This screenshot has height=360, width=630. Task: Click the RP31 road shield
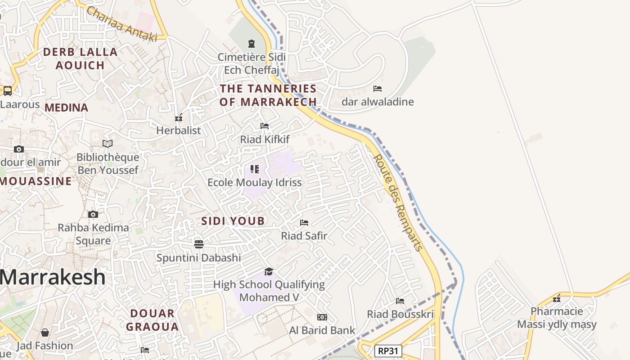click(388, 351)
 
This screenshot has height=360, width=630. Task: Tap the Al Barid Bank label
click(322, 330)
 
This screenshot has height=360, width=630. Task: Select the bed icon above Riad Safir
click(304, 222)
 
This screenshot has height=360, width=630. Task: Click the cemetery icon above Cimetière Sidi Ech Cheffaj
click(251, 44)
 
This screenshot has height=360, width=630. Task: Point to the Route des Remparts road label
click(398, 202)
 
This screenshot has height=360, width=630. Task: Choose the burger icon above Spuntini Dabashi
click(199, 244)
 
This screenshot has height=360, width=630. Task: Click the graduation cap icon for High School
click(269, 271)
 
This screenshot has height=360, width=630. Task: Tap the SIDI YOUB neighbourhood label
click(233, 221)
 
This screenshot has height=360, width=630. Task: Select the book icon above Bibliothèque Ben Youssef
click(108, 144)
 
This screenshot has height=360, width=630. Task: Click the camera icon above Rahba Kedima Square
click(93, 214)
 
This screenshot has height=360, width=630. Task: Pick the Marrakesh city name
click(53, 277)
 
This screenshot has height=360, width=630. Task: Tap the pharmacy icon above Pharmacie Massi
click(557, 298)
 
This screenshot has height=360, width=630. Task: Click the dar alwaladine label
click(378, 102)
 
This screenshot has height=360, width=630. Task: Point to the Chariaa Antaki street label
click(121, 24)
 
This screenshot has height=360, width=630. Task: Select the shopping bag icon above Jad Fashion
click(45, 333)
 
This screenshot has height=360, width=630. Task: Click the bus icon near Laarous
click(8, 91)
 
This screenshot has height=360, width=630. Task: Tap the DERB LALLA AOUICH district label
click(80, 58)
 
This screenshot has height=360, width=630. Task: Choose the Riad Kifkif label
click(265, 139)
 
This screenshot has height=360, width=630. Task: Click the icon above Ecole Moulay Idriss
click(255, 169)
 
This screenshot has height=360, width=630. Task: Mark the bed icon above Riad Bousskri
click(400, 301)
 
